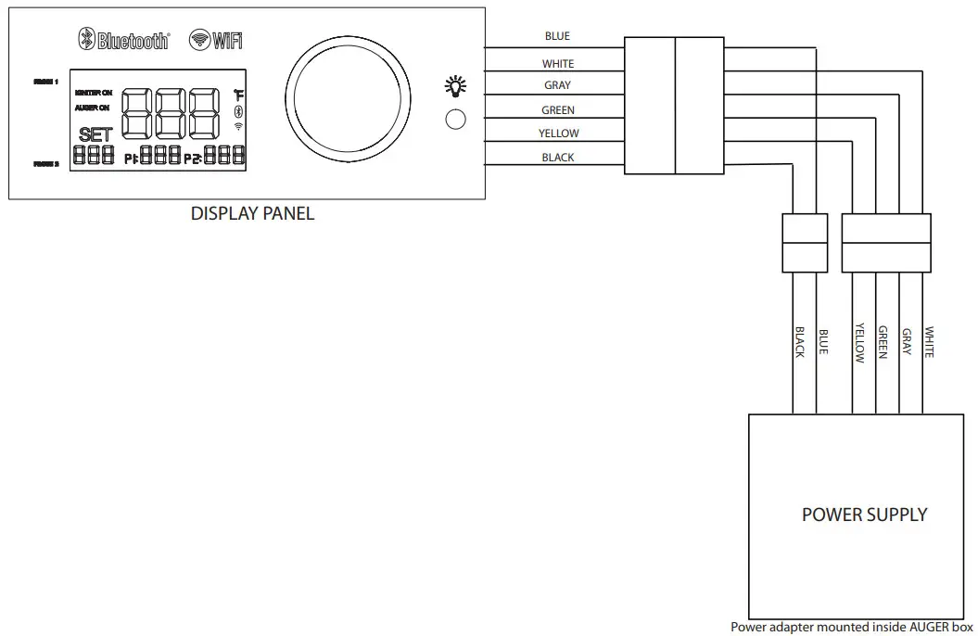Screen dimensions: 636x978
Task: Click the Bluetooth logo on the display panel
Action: coord(123,40)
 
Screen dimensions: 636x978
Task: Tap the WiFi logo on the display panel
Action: coord(215,40)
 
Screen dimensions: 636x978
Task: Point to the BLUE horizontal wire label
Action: coord(557,36)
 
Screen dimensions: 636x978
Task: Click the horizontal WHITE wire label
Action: coord(557,64)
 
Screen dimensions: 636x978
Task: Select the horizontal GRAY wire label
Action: coord(557,86)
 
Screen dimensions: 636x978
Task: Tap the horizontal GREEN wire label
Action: coord(557,110)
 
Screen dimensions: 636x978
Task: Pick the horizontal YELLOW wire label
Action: coord(558,134)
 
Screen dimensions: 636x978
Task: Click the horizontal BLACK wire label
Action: coord(557,158)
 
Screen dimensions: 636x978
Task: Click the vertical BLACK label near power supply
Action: coord(799,342)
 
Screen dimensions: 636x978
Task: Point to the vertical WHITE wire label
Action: coord(929,342)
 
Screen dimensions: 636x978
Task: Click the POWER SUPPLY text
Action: coord(864,515)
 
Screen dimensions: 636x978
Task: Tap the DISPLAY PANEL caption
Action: coord(252,214)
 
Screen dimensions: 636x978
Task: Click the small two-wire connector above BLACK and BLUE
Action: coord(804,243)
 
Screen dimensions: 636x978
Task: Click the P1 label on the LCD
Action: coord(132,159)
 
